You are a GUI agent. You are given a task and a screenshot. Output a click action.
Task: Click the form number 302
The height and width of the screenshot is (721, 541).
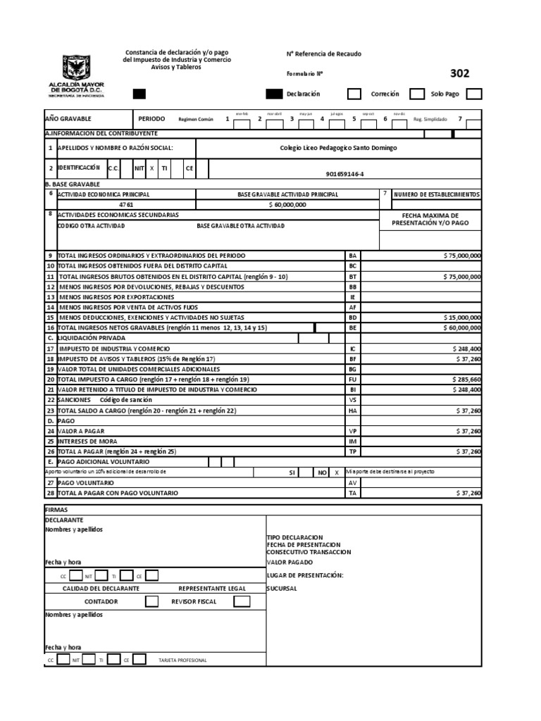coord(459,73)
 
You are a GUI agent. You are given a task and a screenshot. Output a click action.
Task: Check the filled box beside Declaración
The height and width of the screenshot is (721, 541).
coord(273,94)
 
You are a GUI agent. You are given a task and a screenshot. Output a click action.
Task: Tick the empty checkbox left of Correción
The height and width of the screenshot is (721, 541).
coord(355,94)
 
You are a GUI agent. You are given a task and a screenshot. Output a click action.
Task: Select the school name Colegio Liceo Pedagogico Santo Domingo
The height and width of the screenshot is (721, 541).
coord(338,148)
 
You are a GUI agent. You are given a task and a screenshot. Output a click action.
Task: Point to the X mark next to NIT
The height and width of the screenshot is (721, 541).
coord(151,169)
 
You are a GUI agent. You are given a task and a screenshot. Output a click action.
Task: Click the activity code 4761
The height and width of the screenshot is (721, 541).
coord(125,204)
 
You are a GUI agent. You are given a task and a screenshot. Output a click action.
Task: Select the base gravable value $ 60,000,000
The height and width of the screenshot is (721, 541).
coord(287,204)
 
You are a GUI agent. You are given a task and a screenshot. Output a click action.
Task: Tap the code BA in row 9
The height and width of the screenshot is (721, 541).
coord(352,256)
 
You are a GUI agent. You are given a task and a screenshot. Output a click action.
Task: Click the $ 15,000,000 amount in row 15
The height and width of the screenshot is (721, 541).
coord(462,318)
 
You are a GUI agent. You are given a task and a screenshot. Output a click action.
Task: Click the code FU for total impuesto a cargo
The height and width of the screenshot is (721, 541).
coord(352,380)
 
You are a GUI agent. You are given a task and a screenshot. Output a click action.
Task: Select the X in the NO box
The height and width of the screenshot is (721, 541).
coord(337,472)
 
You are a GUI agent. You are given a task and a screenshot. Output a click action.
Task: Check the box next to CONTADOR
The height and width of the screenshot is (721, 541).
coord(151,601)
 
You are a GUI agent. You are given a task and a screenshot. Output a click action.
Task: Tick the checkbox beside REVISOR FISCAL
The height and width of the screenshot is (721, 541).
coord(242,601)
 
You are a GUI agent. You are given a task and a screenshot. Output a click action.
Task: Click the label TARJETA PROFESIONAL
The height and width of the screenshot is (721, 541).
coord(183,660)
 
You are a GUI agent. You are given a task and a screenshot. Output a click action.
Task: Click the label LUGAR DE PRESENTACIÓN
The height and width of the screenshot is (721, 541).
coord(304,575)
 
